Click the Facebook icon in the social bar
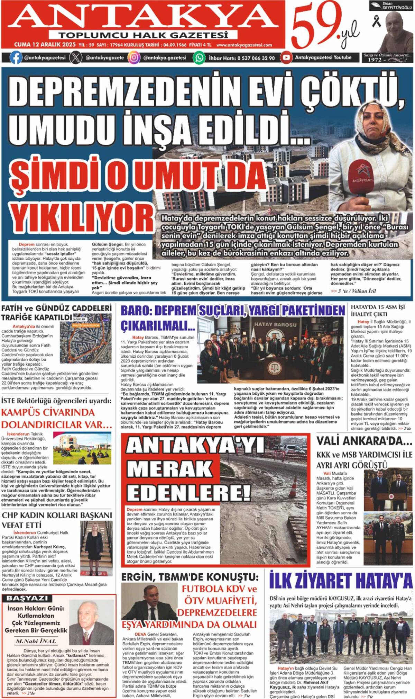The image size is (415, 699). (16, 57)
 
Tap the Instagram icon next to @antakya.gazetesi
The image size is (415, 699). (134, 57)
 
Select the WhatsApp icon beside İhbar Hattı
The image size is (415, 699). (199, 57)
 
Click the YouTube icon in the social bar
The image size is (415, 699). (286, 57)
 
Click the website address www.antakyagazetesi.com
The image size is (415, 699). (244, 45)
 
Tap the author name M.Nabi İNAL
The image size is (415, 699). (36, 641)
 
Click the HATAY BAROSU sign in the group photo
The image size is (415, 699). (275, 324)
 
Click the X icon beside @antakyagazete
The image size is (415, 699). (75, 57)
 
